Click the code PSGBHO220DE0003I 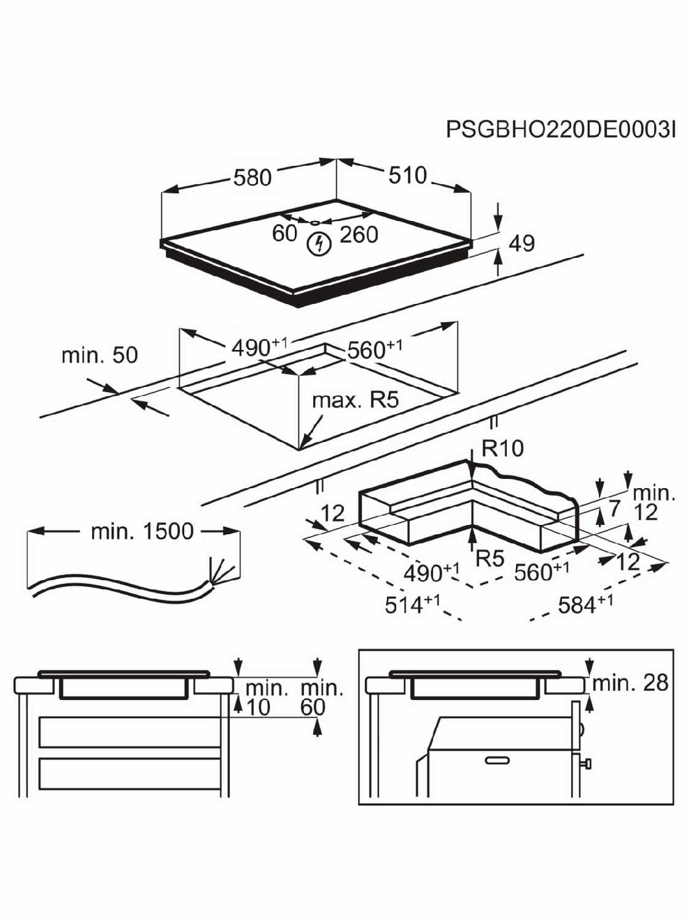561,129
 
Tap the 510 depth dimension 407,175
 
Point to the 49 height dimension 522,243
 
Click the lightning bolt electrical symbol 319,244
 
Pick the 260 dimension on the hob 359,235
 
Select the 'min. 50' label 100,355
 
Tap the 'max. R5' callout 356,401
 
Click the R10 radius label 503,448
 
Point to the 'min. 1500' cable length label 142,531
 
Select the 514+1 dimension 412,605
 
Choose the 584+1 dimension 585,605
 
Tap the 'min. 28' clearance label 630,683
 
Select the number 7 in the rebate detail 614,509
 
